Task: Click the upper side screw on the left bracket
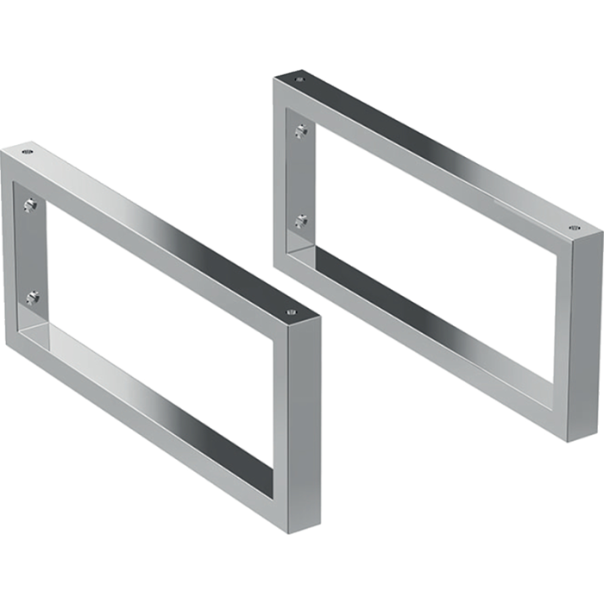tap(30, 205)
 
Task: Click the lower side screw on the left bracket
tap(32, 298)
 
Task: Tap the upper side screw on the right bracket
tap(300, 131)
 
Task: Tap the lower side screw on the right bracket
tap(301, 222)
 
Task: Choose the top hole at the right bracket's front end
tap(575, 229)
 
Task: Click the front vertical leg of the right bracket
tap(583, 337)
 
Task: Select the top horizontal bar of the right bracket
tap(431, 155)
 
